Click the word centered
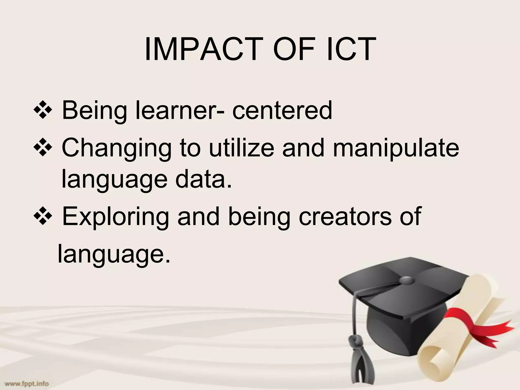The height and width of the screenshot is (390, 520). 282,111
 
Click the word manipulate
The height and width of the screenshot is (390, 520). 396,149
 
